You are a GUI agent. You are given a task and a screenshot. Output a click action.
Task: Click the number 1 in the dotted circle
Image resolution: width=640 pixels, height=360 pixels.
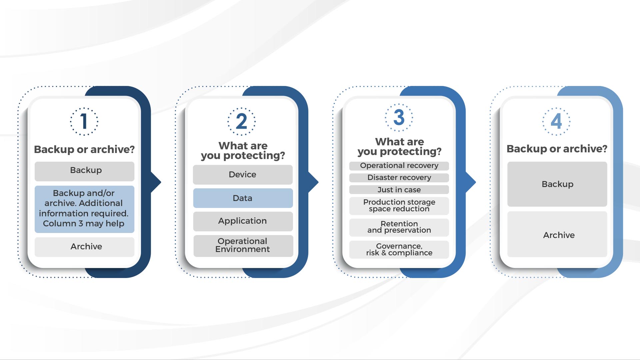pyautogui.click(x=84, y=121)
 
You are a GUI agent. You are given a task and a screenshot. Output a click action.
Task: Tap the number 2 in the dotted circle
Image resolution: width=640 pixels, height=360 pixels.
pyautogui.click(x=242, y=121)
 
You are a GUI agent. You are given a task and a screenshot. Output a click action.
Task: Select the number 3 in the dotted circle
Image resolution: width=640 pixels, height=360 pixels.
pyautogui.click(x=399, y=117)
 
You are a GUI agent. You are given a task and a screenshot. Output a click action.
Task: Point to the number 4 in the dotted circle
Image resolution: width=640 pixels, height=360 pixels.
pyautogui.click(x=556, y=121)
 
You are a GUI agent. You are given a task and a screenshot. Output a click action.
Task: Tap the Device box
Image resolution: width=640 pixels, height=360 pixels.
pyautogui.click(x=243, y=175)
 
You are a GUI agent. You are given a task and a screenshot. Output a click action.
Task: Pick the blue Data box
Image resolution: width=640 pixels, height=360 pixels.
pyautogui.click(x=243, y=198)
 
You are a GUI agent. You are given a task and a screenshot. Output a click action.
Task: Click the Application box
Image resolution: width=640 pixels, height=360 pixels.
pyautogui.click(x=243, y=221)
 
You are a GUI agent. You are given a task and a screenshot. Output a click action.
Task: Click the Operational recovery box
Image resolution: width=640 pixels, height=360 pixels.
pyautogui.click(x=399, y=166)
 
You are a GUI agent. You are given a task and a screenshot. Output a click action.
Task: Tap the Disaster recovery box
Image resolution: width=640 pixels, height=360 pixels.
pyautogui.click(x=399, y=178)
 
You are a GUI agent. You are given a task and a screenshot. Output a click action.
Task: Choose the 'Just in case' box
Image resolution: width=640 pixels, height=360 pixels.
pyautogui.click(x=399, y=190)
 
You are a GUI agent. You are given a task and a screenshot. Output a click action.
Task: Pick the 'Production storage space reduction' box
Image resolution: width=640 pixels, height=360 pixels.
pyautogui.click(x=399, y=206)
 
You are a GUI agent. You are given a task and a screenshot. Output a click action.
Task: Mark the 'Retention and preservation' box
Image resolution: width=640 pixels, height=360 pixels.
pyautogui.click(x=399, y=228)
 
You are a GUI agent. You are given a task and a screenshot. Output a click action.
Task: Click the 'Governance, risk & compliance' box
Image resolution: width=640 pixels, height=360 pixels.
pyautogui.click(x=399, y=250)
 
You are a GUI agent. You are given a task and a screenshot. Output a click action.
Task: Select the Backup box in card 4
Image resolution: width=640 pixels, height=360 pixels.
pyautogui.click(x=557, y=184)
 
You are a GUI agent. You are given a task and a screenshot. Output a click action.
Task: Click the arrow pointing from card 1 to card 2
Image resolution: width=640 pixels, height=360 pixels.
pyautogui.click(x=156, y=182)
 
